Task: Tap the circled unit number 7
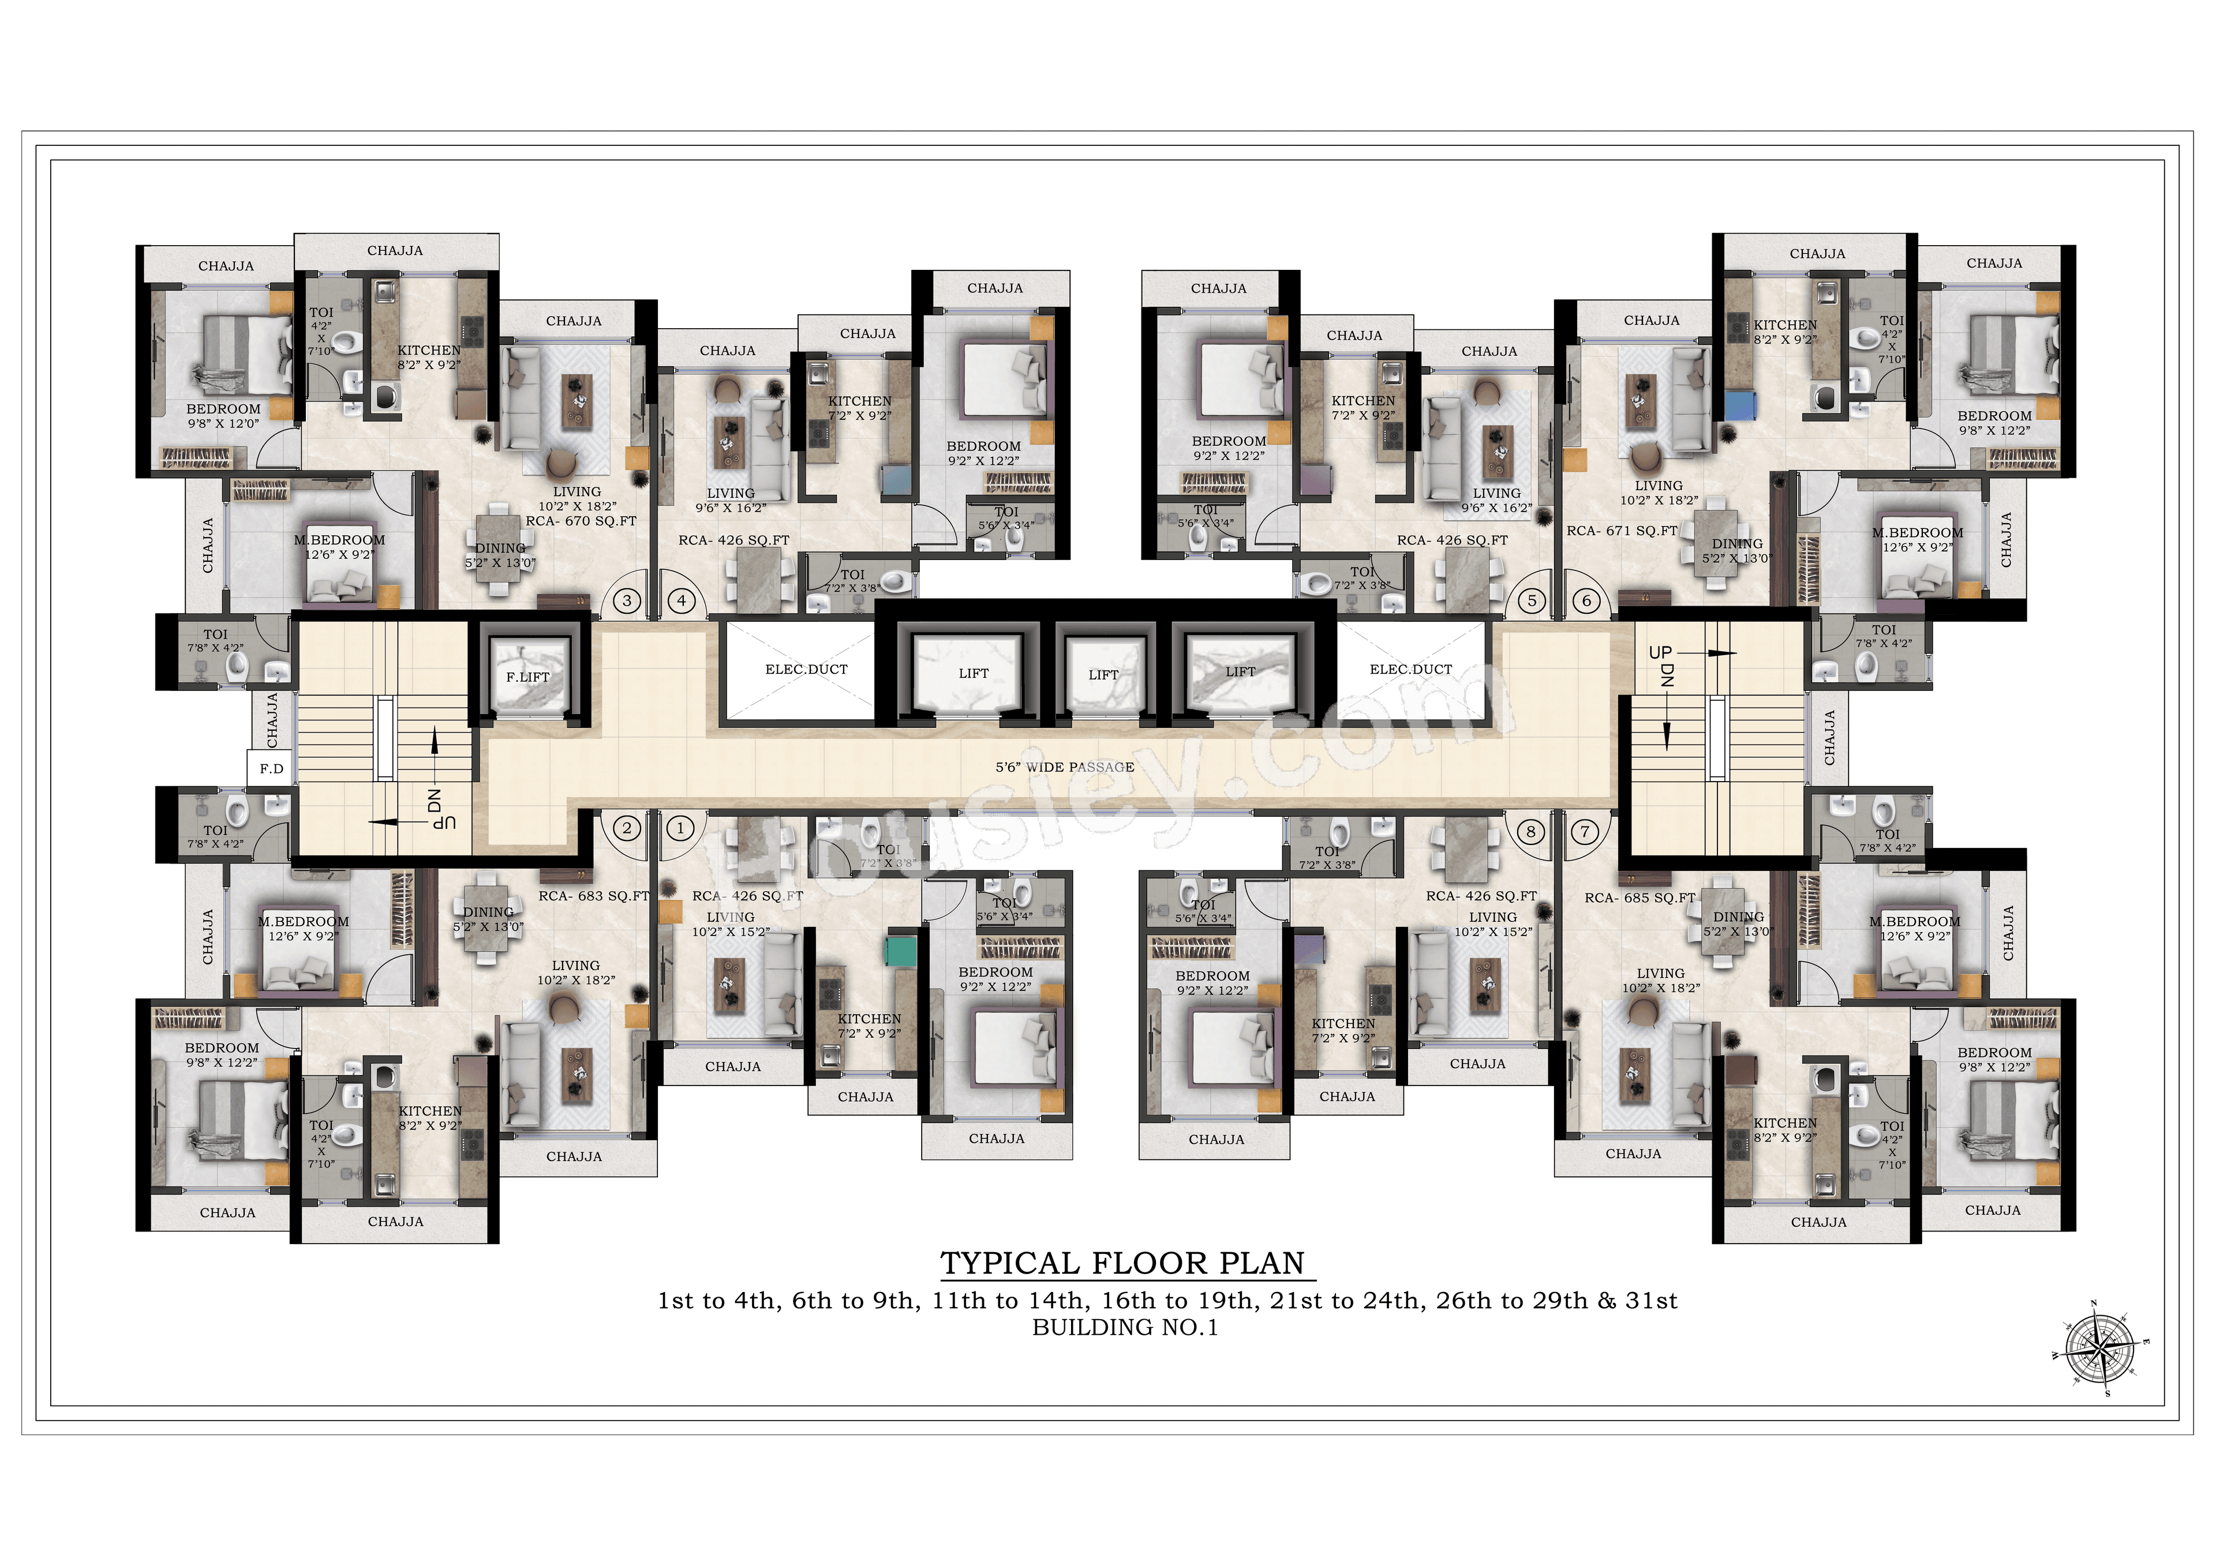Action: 1585,831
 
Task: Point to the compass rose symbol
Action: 2100,1347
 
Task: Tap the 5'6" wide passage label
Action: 1065,767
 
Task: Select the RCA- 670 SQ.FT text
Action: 581,521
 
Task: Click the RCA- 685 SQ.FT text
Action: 1640,897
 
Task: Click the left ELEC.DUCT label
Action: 806,669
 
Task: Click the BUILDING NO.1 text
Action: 1125,1328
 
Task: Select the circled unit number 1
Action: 680,828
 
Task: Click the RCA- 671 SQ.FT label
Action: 1622,531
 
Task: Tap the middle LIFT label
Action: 1103,674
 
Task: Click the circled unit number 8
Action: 1531,831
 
